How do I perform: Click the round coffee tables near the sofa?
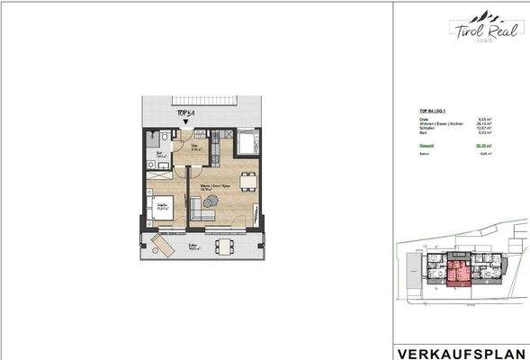(x=211, y=202)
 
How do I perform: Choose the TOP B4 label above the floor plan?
(x=186, y=112)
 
